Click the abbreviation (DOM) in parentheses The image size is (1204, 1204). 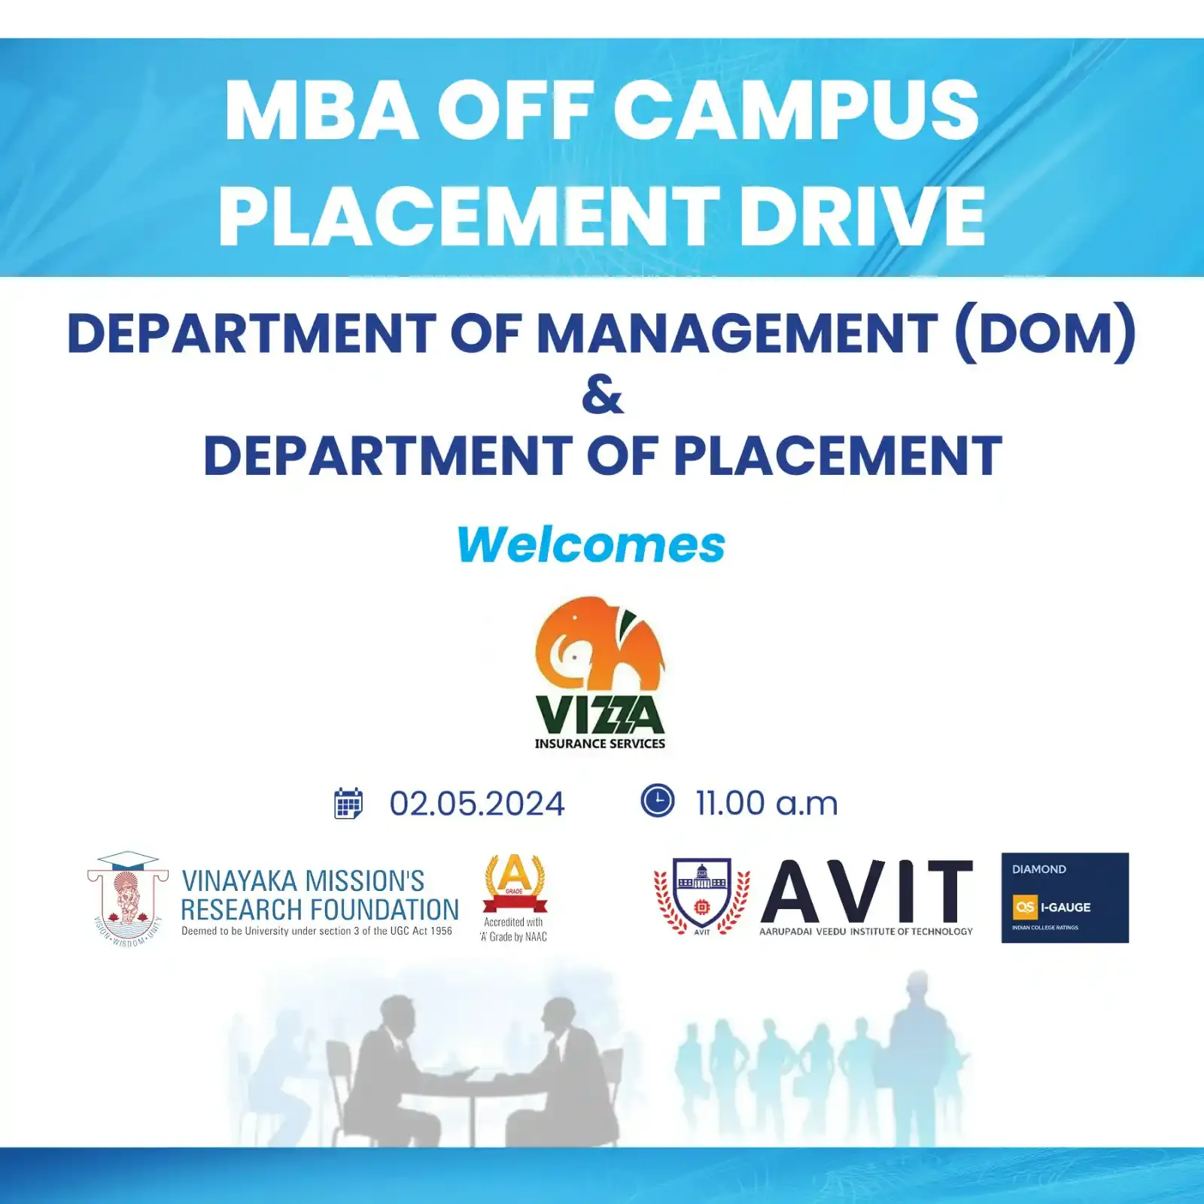tap(1044, 332)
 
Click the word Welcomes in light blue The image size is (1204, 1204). tap(591, 544)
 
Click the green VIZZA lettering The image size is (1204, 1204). tap(600, 714)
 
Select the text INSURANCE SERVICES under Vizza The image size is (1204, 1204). tap(600, 743)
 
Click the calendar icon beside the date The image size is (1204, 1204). tap(348, 803)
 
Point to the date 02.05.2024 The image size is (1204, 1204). tap(476, 804)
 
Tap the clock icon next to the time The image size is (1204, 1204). tap(658, 800)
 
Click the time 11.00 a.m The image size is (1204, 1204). tap(766, 803)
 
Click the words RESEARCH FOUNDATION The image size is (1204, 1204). tap(320, 910)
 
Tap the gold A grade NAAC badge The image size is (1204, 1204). tap(515, 883)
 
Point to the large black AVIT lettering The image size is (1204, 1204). tap(867, 892)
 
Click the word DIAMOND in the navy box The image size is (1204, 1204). tap(1038, 869)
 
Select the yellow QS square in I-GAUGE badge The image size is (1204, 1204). tap(1025, 907)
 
